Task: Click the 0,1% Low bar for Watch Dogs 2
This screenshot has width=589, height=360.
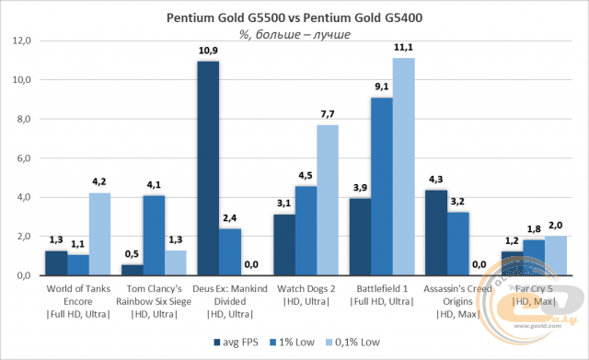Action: tap(328, 200)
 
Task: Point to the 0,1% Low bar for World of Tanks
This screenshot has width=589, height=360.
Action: tap(99, 235)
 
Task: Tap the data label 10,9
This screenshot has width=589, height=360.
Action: tap(207, 50)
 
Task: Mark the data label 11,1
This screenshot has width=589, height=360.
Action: tap(404, 46)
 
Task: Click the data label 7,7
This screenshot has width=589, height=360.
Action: tap(328, 112)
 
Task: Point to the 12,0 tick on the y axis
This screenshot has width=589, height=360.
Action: tap(22, 41)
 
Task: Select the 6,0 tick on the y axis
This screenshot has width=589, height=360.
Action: tap(22, 158)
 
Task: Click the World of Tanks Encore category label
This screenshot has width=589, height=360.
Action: tap(77, 293)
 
